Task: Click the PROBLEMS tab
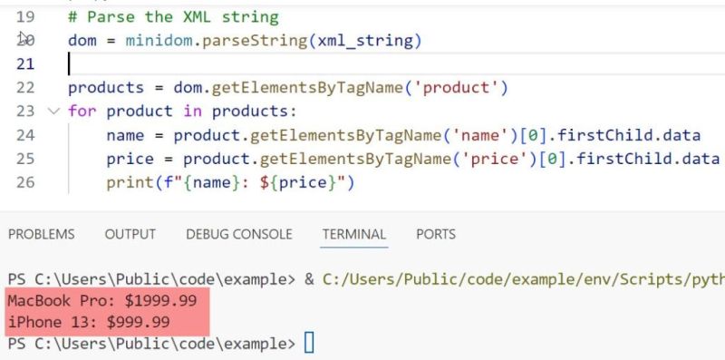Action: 41,234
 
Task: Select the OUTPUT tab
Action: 130,234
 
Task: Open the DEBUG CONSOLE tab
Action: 239,234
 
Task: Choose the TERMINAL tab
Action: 353,234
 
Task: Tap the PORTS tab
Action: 435,234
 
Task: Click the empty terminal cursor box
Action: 309,345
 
